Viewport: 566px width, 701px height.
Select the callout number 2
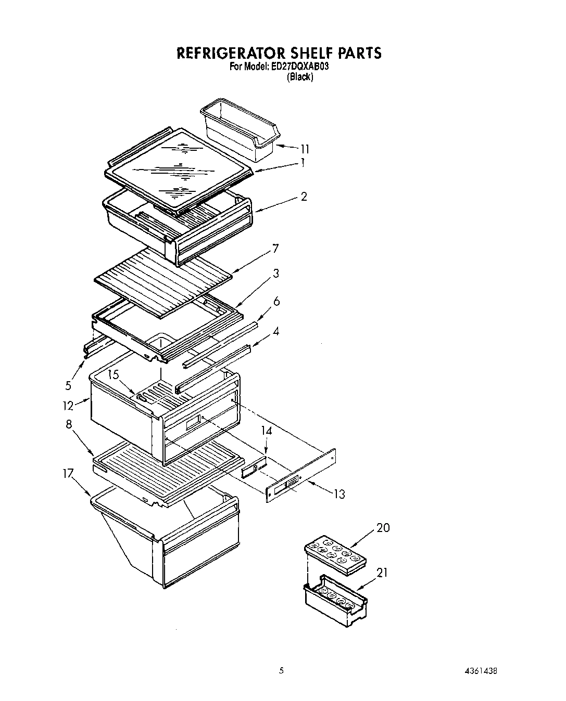click(x=304, y=196)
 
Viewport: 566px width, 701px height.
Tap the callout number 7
click(x=275, y=248)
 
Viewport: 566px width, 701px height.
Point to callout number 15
click(x=114, y=374)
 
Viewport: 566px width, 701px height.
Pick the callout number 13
click(x=339, y=494)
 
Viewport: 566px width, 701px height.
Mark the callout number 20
click(x=383, y=528)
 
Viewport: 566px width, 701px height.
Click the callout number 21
click(x=383, y=573)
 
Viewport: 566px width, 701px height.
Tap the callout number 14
click(x=266, y=431)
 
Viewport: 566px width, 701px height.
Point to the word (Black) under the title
click(x=299, y=77)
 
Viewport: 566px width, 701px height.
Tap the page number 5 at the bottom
click(x=281, y=671)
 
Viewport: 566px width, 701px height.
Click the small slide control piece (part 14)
click(x=254, y=468)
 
